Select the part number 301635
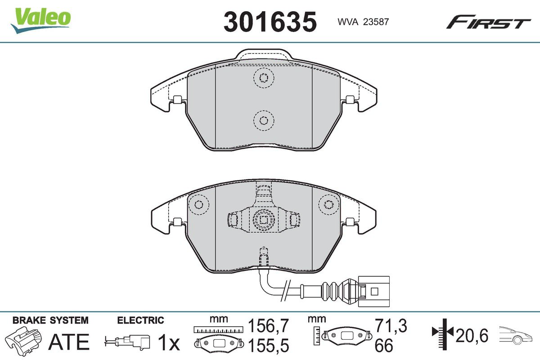[270, 21]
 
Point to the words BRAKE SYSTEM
[50, 320]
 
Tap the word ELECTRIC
[140, 320]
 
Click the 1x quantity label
[168, 344]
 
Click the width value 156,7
[268, 325]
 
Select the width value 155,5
[268, 346]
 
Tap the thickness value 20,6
[472, 335]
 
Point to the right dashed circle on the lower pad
[328, 205]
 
